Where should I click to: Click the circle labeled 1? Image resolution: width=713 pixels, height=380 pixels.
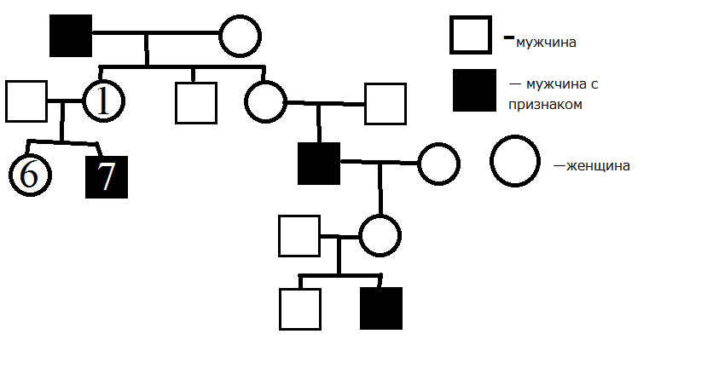point(104,101)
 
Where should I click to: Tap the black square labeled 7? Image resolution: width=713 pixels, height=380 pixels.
point(107,176)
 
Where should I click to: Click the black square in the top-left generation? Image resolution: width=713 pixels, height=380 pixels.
point(71,37)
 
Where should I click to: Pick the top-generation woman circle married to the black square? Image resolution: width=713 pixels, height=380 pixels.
point(240,37)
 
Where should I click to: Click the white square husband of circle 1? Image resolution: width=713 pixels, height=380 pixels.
point(26,101)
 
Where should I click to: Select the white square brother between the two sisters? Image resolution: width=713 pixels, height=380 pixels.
point(196,102)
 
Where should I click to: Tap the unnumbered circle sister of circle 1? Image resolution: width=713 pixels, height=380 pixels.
point(266,102)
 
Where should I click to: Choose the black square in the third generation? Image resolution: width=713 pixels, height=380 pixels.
point(319,164)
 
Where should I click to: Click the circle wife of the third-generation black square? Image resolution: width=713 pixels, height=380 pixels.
point(438,164)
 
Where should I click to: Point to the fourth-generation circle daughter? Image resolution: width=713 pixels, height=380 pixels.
point(380,235)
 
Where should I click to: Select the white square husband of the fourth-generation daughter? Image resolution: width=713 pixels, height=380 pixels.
point(299,235)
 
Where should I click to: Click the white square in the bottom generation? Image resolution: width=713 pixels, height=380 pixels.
point(300,308)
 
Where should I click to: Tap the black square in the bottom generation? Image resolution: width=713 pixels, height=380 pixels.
point(380,308)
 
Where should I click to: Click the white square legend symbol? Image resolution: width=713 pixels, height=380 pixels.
point(471,36)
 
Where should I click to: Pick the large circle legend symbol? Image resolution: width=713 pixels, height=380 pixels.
point(514,162)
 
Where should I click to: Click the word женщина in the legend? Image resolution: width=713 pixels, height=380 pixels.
point(596,166)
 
